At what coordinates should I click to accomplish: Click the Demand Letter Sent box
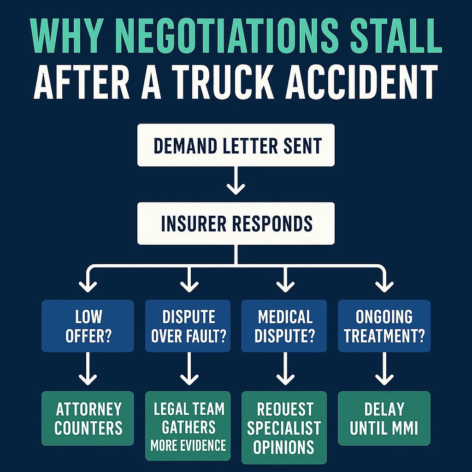(236, 146)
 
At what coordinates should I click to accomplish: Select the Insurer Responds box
(236, 224)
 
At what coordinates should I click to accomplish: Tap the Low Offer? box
(88, 326)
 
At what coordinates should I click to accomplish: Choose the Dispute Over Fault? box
(188, 326)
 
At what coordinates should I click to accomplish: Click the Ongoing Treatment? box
(384, 326)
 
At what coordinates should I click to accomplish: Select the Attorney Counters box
(88, 419)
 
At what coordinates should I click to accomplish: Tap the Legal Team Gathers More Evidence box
(188, 426)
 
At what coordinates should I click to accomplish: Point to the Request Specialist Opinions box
(284, 427)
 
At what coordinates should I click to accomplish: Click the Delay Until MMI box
(384, 419)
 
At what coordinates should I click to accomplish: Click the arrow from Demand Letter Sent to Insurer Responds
(236, 182)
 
